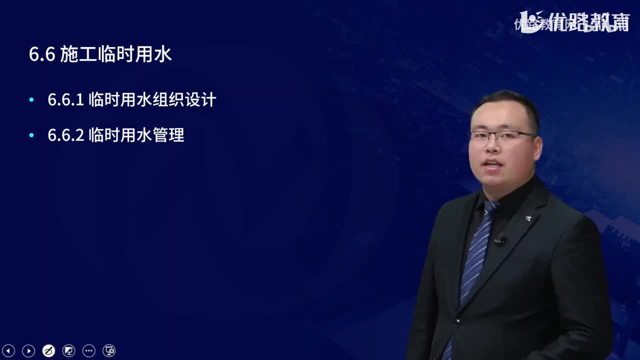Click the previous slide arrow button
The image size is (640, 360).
(9, 350)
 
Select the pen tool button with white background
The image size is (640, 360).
(49, 350)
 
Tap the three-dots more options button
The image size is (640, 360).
(88, 350)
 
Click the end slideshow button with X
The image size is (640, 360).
(109, 350)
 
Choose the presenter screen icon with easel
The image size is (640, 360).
(69, 350)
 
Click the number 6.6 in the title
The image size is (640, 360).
(41, 55)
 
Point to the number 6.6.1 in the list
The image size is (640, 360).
(65, 100)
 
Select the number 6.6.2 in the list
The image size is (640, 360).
(65, 135)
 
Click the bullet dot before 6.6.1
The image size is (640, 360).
(32, 100)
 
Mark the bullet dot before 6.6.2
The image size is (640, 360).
(32, 135)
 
